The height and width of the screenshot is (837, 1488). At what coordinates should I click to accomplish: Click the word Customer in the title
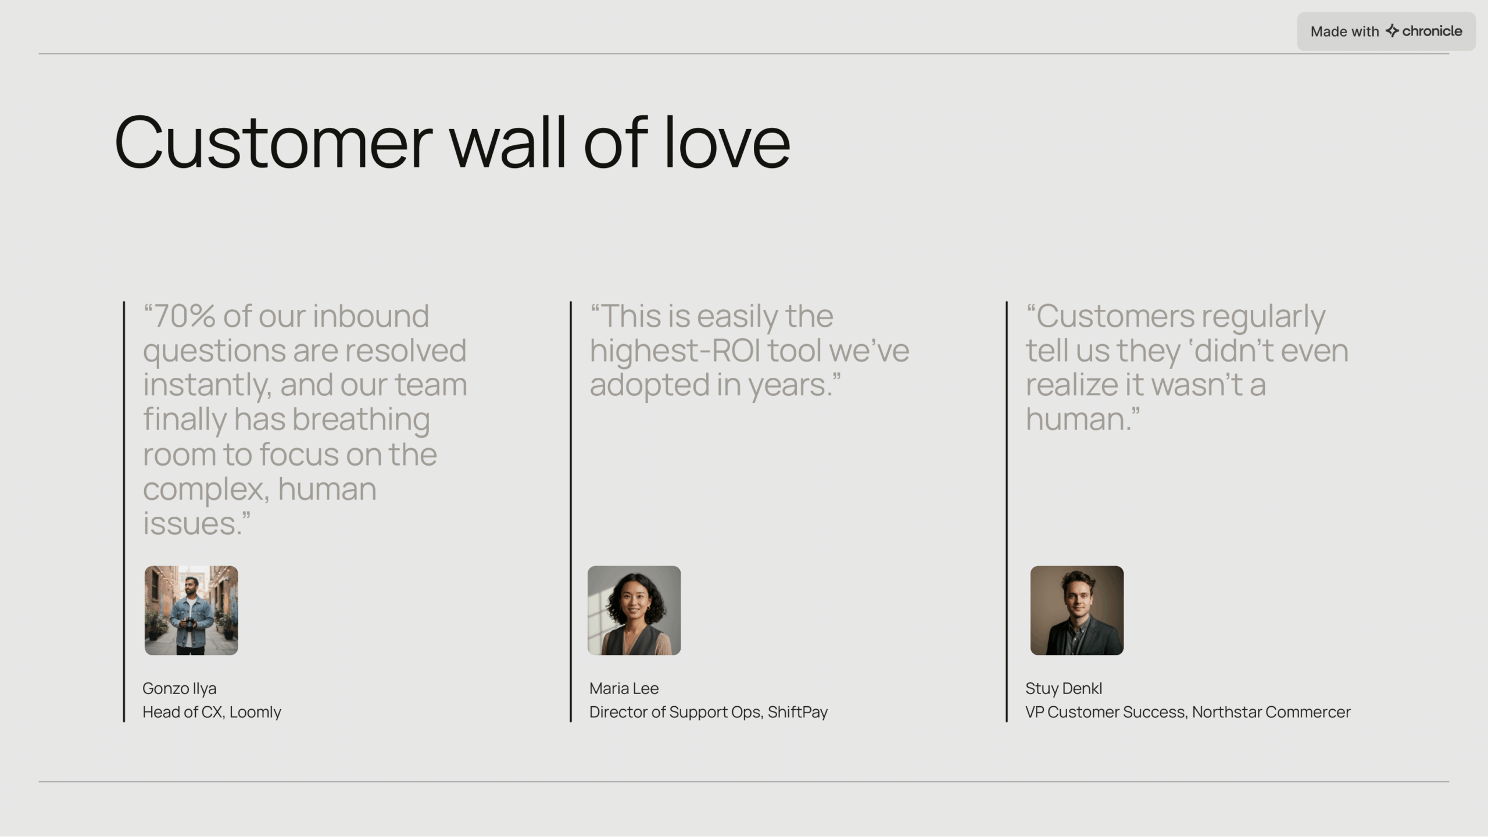click(274, 142)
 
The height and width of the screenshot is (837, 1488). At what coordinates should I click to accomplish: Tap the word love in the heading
click(727, 142)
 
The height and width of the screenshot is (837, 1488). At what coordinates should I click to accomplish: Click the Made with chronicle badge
click(1386, 31)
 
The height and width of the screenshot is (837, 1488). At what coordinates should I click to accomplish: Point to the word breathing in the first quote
click(361, 420)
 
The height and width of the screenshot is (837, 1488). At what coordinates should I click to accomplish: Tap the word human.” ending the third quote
click(1083, 419)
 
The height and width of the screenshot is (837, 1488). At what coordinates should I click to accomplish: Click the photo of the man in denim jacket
click(191, 610)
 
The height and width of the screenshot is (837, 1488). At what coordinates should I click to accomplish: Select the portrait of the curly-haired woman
click(634, 610)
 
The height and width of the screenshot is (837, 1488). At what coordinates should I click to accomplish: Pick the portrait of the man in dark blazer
click(1077, 610)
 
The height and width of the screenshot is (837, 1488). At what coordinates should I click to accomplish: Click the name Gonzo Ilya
click(180, 689)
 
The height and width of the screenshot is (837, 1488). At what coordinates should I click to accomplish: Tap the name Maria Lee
click(624, 689)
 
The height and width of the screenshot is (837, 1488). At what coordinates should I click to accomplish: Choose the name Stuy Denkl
click(1064, 689)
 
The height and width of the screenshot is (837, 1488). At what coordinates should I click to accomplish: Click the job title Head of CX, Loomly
click(212, 713)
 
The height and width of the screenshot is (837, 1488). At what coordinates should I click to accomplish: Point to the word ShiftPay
click(797, 713)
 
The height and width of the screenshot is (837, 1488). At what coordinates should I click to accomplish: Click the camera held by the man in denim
click(189, 624)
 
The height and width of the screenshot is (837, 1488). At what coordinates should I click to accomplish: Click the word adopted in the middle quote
click(650, 385)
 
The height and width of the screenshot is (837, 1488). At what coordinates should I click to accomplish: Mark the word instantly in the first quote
click(207, 385)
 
